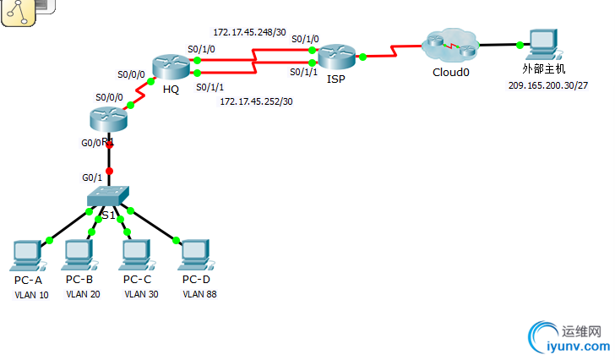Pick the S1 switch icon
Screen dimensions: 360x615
[107, 197]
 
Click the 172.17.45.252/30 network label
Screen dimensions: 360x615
[256, 101]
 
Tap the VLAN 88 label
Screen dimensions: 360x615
[199, 295]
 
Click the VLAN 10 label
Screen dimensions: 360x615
[32, 295]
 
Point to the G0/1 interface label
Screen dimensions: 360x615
[91, 177]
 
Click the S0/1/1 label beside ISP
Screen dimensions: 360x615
[304, 73]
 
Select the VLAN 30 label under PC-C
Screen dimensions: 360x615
[140, 295]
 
